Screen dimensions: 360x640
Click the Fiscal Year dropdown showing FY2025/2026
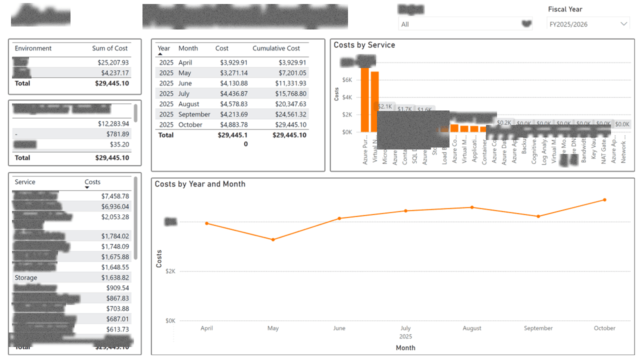588,24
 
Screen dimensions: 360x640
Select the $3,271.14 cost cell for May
233,73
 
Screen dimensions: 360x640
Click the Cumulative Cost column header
276,48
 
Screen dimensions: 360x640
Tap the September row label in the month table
194,114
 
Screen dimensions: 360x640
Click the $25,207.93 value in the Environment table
113,62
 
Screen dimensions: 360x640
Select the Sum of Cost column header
110,48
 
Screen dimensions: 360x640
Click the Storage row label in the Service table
26,277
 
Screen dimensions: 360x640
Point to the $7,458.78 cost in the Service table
115,196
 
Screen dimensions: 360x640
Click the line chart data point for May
273,239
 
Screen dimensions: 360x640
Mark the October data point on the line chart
604,200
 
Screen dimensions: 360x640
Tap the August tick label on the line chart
472,328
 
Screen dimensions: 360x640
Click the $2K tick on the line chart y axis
170,271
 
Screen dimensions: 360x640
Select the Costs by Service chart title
364,45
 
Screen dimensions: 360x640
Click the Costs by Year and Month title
200,184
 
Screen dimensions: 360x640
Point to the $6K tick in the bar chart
347,80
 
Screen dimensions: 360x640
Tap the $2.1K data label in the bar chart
385,106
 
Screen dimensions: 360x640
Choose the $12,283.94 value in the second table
113,123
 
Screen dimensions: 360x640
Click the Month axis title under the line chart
405,347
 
